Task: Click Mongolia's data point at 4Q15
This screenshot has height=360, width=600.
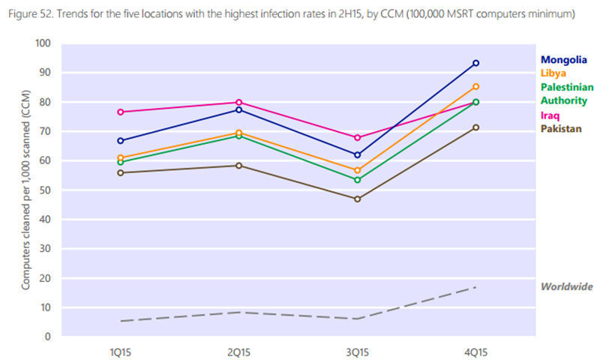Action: pyautogui.click(x=475, y=63)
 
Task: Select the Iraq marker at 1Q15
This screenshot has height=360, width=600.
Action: pyautogui.click(x=120, y=112)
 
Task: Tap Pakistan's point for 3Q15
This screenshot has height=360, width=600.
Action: pyautogui.click(x=357, y=199)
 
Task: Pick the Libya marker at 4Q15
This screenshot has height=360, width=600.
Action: pyautogui.click(x=475, y=86)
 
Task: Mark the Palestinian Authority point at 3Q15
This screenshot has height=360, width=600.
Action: pyautogui.click(x=357, y=180)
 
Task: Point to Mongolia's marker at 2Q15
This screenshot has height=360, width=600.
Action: pyautogui.click(x=238, y=109)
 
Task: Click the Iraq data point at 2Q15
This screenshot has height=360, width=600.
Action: pyautogui.click(x=238, y=102)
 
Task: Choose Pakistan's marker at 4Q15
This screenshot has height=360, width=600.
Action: pyautogui.click(x=475, y=127)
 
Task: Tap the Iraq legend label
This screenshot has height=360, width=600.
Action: pyautogui.click(x=550, y=115)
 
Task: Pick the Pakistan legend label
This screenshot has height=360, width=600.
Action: pyautogui.click(x=560, y=129)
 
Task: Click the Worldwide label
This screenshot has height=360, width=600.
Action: pyautogui.click(x=567, y=286)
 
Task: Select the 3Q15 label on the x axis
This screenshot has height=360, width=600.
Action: pyautogui.click(x=357, y=349)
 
